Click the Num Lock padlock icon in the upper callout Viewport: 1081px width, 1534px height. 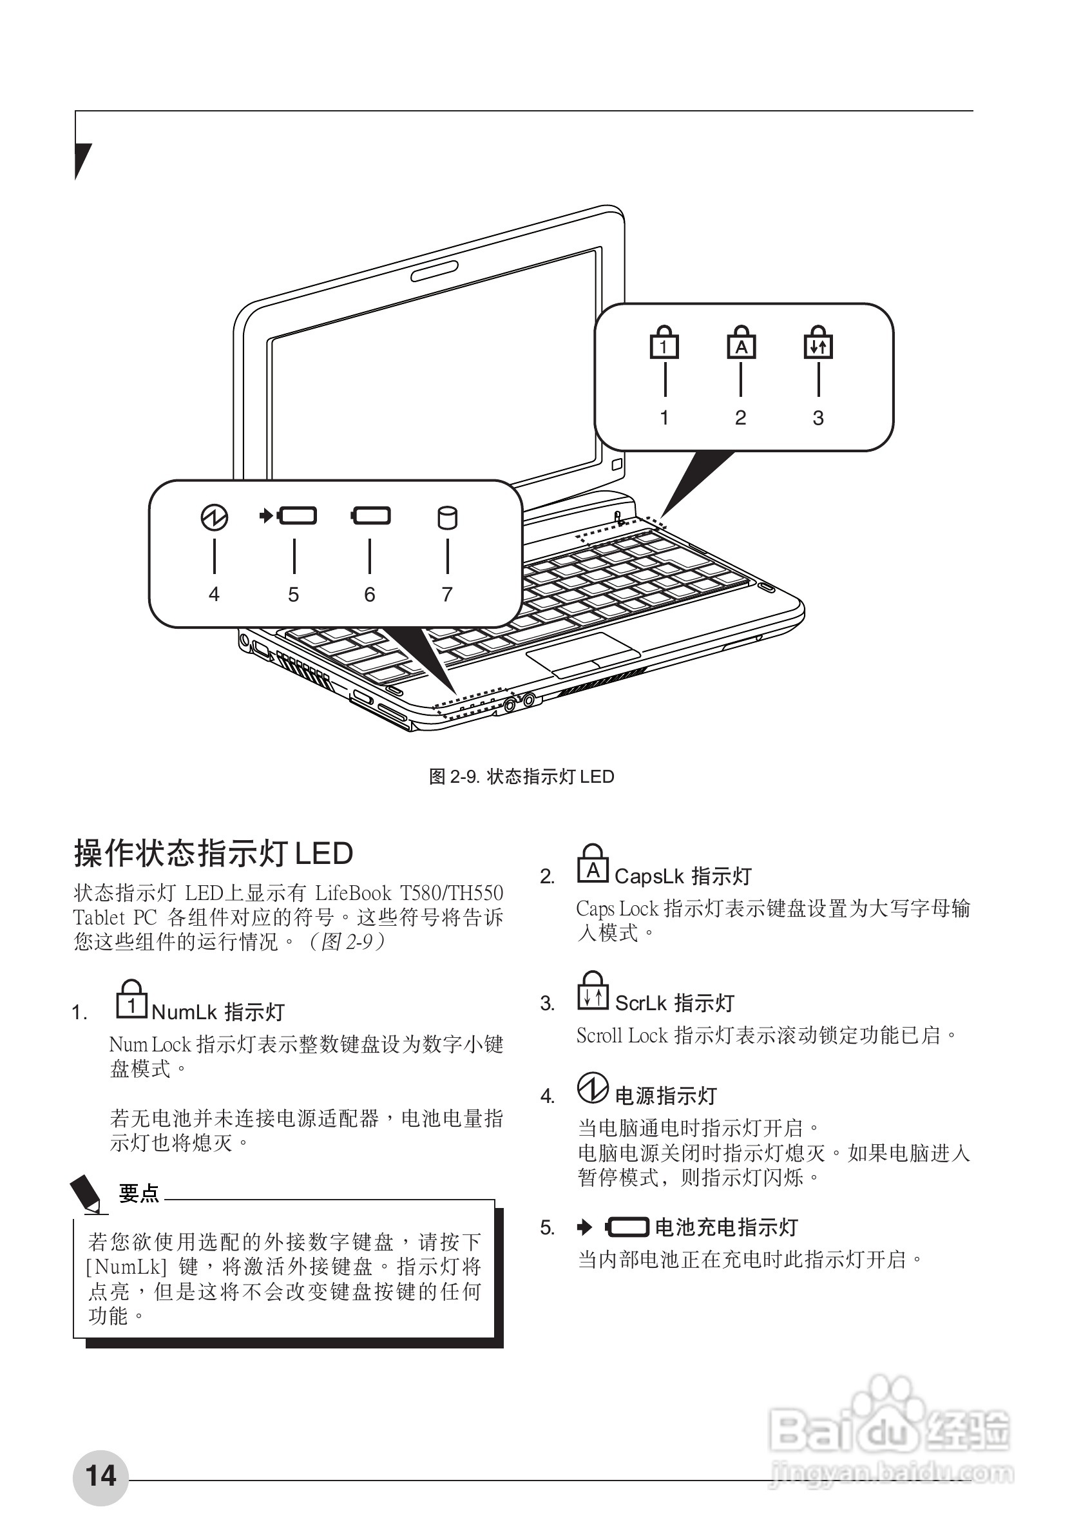click(x=664, y=343)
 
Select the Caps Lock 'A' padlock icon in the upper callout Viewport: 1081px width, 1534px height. click(x=741, y=343)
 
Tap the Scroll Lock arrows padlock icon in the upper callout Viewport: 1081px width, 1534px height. click(x=818, y=343)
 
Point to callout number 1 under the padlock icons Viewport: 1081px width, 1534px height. click(x=664, y=417)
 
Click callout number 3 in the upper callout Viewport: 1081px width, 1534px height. click(x=818, y=417)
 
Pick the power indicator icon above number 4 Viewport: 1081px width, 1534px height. click(x=215, y=518)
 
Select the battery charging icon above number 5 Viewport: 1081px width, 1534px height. click(x=289, y=516)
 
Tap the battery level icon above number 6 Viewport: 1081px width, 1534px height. click(x=371, y=516)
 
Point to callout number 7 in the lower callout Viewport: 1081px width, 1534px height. click(x=448, y=594)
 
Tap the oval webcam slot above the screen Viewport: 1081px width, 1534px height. click(x=435, y=271)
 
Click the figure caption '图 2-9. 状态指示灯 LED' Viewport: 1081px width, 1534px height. click(x=521, y=776)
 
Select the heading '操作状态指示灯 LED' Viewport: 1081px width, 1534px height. click(x=213, y=854)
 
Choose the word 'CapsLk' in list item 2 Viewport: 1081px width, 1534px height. click(x=649, y=876)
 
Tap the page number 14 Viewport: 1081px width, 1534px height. click(x=100, y=1476)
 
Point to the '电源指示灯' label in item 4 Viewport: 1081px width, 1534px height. click(x=665, y=1096)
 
